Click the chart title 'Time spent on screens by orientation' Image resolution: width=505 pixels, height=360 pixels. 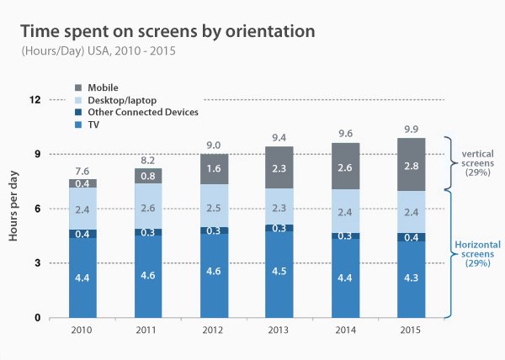[167, 32]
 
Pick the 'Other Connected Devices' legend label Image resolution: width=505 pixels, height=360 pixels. [142, 112]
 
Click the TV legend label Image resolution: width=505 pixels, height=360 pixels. [93, 124]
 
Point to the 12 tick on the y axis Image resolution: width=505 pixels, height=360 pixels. [35, 100]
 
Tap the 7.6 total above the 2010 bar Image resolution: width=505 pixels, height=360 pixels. [82, 171]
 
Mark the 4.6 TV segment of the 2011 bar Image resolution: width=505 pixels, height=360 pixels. [148, 275]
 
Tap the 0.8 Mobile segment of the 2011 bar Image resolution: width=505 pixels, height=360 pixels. [148, 176]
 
